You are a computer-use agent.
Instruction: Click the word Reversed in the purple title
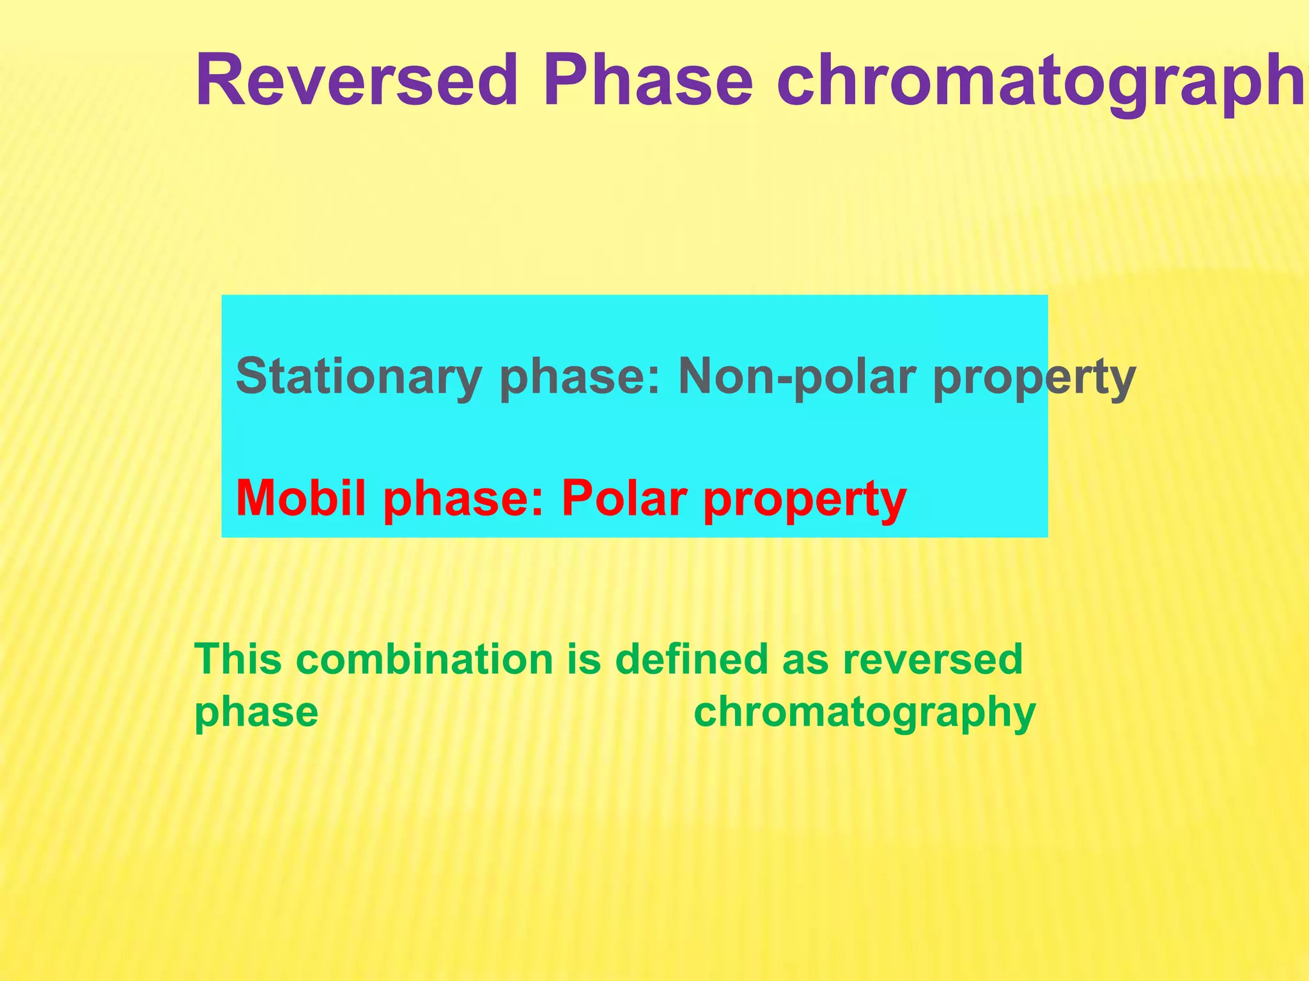pos(356,81)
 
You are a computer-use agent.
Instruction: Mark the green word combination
pos(425,659)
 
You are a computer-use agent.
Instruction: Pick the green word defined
pos(691,659)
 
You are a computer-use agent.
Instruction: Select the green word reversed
pos(933,660)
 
